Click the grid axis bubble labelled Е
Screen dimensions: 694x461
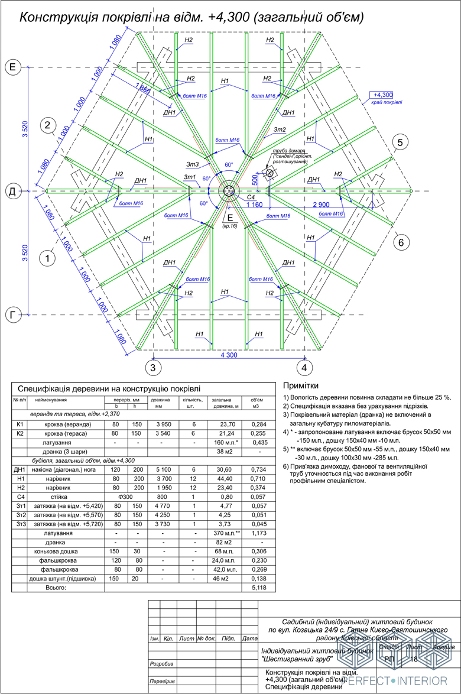point(12,67)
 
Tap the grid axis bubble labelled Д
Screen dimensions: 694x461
point(12,192)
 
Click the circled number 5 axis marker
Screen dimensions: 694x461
point(400,142)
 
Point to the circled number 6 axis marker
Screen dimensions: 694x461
point(401,242)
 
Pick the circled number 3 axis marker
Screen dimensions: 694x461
point(153,368)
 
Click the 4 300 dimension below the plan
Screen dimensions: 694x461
point(228,355)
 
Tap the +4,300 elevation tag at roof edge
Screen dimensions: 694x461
point(383,95)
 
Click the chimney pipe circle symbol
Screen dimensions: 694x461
point(270,173)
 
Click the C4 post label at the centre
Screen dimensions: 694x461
point(250,196)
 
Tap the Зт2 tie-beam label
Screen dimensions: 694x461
point(280,129)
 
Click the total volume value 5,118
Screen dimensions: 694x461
point(259,589)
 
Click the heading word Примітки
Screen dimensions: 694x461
point(305,385)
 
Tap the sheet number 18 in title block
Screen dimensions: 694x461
point(414,659)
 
